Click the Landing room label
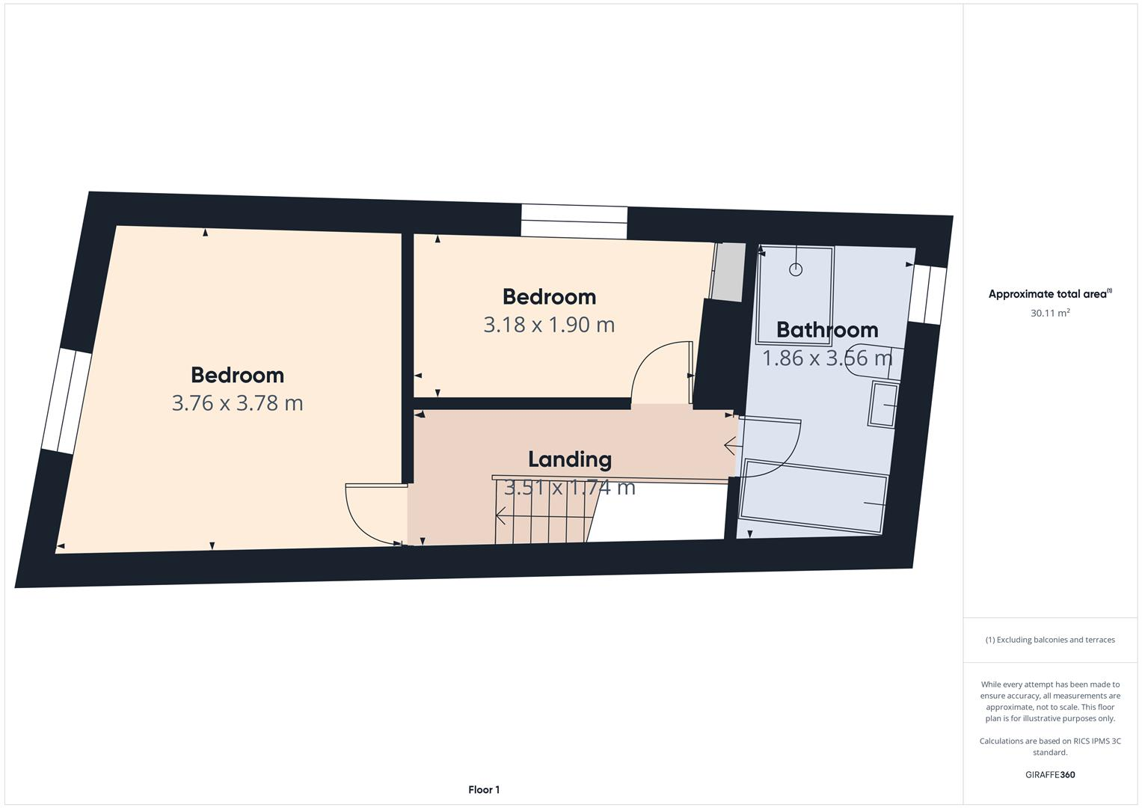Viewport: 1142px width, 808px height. tap(570, 459)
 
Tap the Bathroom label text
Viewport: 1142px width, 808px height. tap(827, 330)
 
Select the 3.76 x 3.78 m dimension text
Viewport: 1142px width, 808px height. tap(237, 403)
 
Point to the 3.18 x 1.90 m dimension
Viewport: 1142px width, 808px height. tap(549, 325)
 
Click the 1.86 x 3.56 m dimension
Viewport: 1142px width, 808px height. tap(827, 358)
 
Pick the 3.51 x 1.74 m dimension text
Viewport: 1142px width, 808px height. tap(570, 488)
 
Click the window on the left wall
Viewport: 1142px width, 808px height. tap(67, 402)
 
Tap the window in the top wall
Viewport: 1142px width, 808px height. tap(574, 222)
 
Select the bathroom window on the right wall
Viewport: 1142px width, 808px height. tap(927, 295)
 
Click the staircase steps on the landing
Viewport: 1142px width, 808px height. tap(542, 516)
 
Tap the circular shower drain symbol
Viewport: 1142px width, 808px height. tap(796, 269)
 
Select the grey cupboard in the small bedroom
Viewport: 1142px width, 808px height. tap(728, 272)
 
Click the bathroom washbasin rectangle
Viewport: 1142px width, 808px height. tap(883, 405)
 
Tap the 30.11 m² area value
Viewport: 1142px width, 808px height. tap(1050, 313)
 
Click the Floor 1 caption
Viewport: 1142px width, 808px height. tap(484, 789)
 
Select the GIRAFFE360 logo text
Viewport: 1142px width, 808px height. tap(1050, 775)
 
